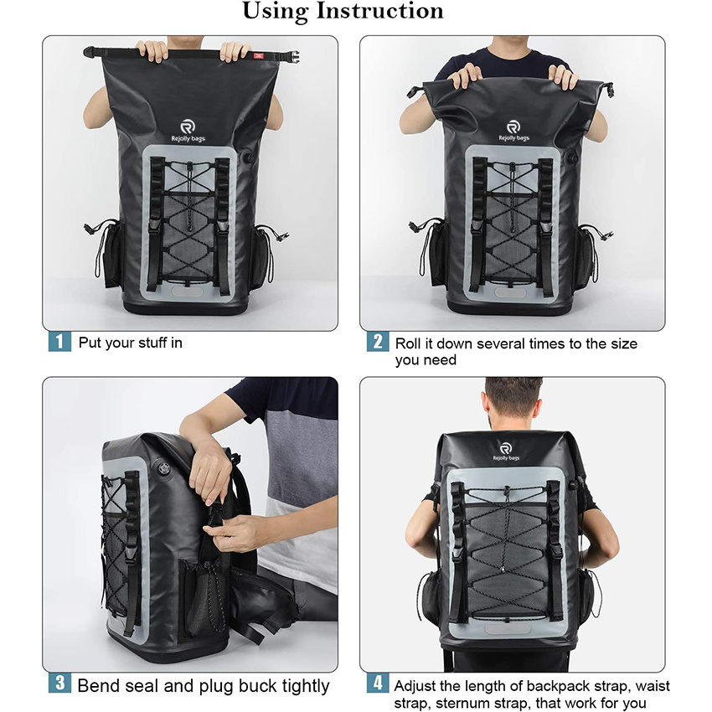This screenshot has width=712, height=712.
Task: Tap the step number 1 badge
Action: pos(59,342)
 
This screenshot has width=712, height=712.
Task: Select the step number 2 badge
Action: pos(377,342)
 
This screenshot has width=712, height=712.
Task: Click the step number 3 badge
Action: pos(59,683)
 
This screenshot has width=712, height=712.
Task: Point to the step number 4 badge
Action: pos(377,684)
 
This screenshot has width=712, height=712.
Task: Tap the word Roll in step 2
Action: pos(410,343)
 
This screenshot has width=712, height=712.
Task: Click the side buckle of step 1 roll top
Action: pos(290,57)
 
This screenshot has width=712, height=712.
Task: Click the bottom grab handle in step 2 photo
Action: pos(510,292)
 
